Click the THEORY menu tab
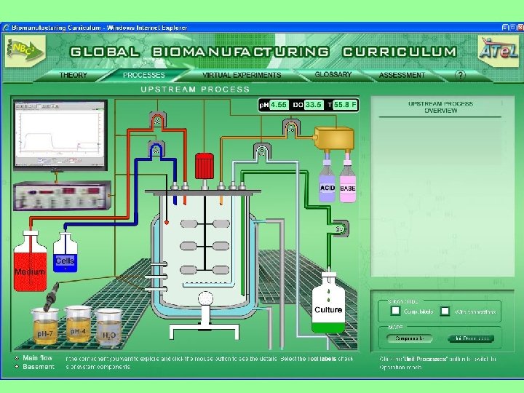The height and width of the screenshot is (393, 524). pos(74,75)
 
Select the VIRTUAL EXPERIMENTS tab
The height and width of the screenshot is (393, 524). pos(242,75)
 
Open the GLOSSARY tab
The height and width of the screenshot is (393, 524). pos(333,74)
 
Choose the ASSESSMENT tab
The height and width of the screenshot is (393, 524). pos(402,75)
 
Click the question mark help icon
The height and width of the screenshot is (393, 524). pos(460,74)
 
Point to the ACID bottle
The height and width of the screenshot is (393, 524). pos(327,186)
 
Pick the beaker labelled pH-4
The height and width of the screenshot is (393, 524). pos(78,325)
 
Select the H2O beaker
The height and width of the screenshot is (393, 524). pos(109,327)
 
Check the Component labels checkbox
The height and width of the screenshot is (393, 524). pos(395,311)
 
